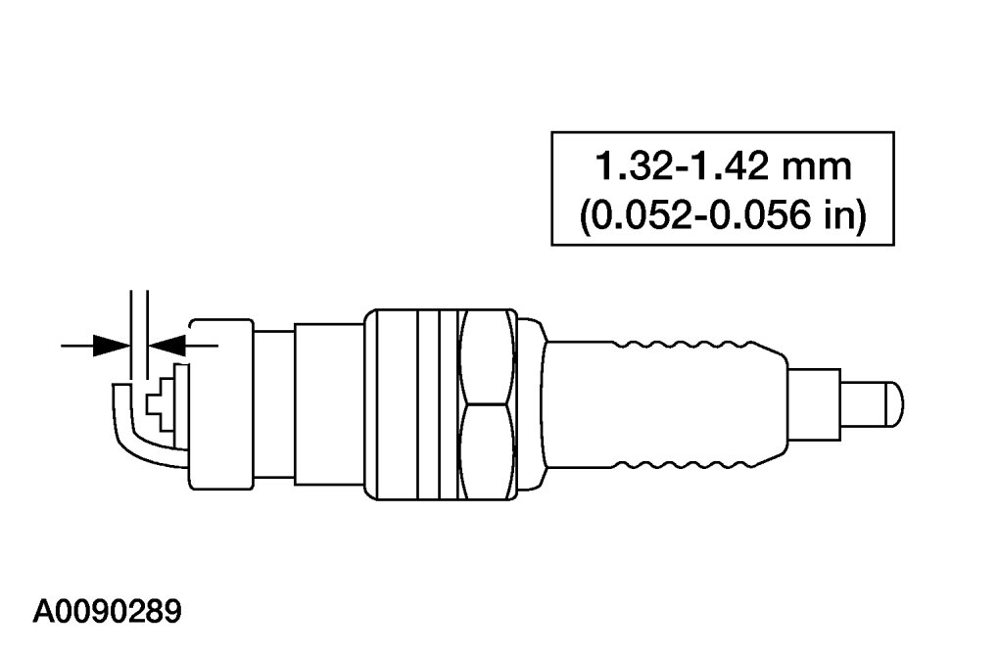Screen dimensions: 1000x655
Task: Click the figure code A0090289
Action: point(107,612)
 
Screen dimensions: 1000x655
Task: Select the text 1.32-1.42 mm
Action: point(723,167)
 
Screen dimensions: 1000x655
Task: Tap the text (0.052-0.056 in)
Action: point(723,215)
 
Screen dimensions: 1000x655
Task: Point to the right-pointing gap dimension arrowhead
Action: point(112,347)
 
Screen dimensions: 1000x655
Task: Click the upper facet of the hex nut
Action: point(486,356)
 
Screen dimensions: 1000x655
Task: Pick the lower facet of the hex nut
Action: point(486,451)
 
